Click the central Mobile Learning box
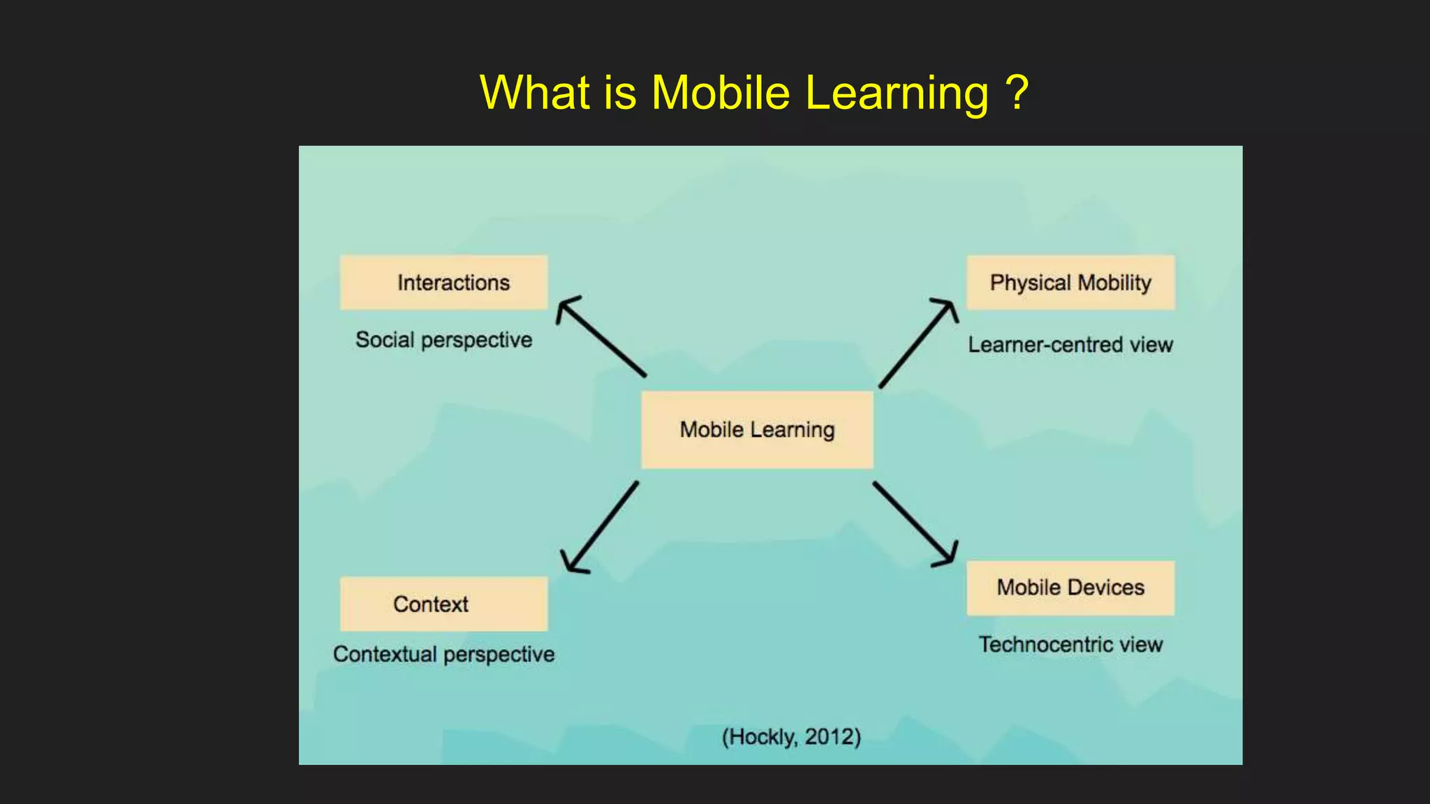tap(757, 430)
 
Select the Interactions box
tap(444, 283)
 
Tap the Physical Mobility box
tap(1070, 283)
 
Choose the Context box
tap(444, 604)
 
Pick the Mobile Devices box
tap(1070, 588)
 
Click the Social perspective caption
tap(444, 340)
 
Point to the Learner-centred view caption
tap(1070, 345)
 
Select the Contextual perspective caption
tap(444, 655)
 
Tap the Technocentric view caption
tap(1070, 645)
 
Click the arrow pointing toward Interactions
tap(600, 336)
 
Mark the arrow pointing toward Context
tap(600, 527)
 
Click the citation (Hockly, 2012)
tap(791, 737)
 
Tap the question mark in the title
tap(1017, 93)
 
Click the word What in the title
tap(534, 93)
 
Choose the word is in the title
tap(620, 93)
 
